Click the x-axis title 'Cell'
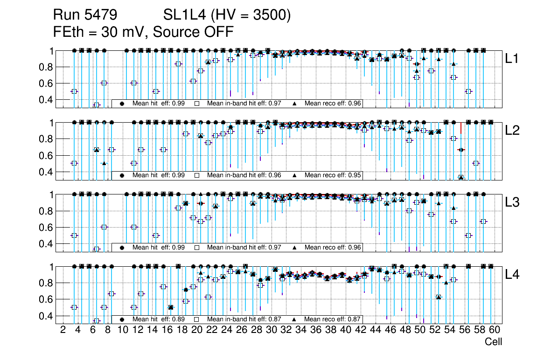point(493,342)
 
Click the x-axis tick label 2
point(63,331)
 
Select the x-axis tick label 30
point(271,331)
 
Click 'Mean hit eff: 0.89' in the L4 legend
point(159,319)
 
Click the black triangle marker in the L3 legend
point(294,247)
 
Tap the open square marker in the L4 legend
point(197,319)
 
